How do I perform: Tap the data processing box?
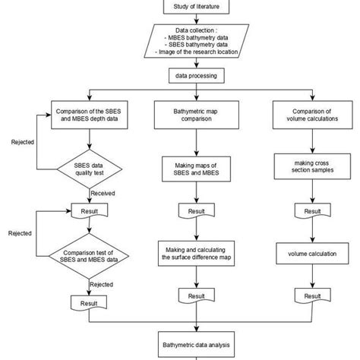tap(197, 77)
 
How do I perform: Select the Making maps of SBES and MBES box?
tap(197, 167)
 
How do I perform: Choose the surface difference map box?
tap(197, 252)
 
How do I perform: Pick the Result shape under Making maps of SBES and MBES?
tap(197, 210)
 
